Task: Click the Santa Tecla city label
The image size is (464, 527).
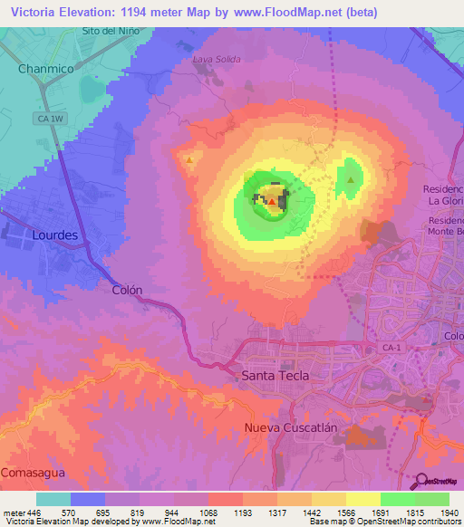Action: (275, 375)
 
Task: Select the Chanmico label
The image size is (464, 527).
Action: (45, 68)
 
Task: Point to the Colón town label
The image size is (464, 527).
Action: (127, 290)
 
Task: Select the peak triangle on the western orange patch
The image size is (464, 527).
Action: (188, 160)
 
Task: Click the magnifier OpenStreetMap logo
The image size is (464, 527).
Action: (421, 482)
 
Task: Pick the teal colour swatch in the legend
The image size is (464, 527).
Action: (53, 499)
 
